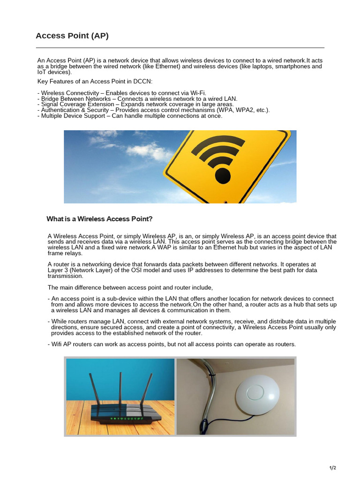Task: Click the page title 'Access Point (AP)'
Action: pos(72,36)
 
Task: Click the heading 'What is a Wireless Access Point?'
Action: pos(99,219)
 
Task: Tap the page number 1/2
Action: pos(333,468)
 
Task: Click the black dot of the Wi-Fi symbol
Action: pos(223,175)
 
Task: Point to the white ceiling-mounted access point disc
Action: pos(256,396)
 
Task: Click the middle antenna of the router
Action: pos(121,391)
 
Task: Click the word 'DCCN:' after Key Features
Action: pos(142,82)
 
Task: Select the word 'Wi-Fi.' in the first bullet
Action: pos(197,93)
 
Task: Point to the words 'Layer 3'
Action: pos(58,270)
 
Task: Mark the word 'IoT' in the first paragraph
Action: pos(42,72)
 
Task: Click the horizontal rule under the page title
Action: pos(180,48)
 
